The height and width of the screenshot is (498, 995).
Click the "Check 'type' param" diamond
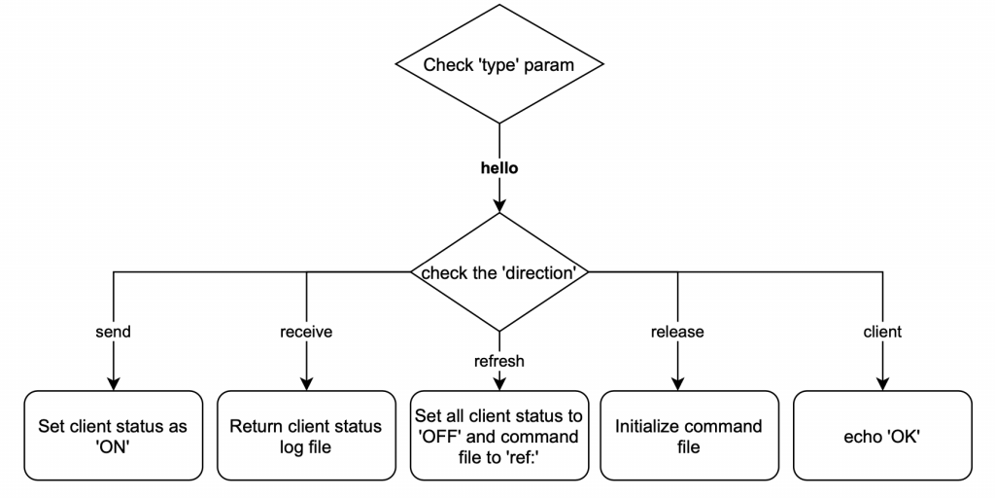click(x=498, y=66)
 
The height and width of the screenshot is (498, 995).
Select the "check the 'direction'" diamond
click(x=498, y=271)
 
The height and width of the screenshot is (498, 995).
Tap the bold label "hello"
click(x=498, y=168)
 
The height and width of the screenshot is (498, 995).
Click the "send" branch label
click(x=114, y=332)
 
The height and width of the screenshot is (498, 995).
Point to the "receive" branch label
click(x=306, y=332)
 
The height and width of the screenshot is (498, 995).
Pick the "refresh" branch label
click(x=498, y=360)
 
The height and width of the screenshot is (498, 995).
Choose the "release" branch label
click(x=677, y=332)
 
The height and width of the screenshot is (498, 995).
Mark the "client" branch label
click(x=881, y=332)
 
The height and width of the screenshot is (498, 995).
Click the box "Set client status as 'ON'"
click(x=113, y=436)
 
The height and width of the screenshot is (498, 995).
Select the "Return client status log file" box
click(x=306, y=436)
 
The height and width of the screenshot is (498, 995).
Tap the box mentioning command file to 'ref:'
click(x=498, y=436)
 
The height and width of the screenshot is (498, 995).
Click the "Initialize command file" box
click(x=689, y=436)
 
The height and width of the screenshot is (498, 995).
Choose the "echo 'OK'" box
click(x=882, y=436)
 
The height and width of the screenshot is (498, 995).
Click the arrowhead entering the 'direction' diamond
click(x=498, y=205)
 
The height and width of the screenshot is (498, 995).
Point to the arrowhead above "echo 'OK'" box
click(x=882, y=383)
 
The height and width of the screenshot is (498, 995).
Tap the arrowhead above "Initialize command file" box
click(x=677, y=383)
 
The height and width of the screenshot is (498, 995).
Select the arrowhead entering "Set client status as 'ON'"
click(x=114, y=383)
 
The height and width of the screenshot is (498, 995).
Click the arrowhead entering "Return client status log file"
click(x=306, y=383)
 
